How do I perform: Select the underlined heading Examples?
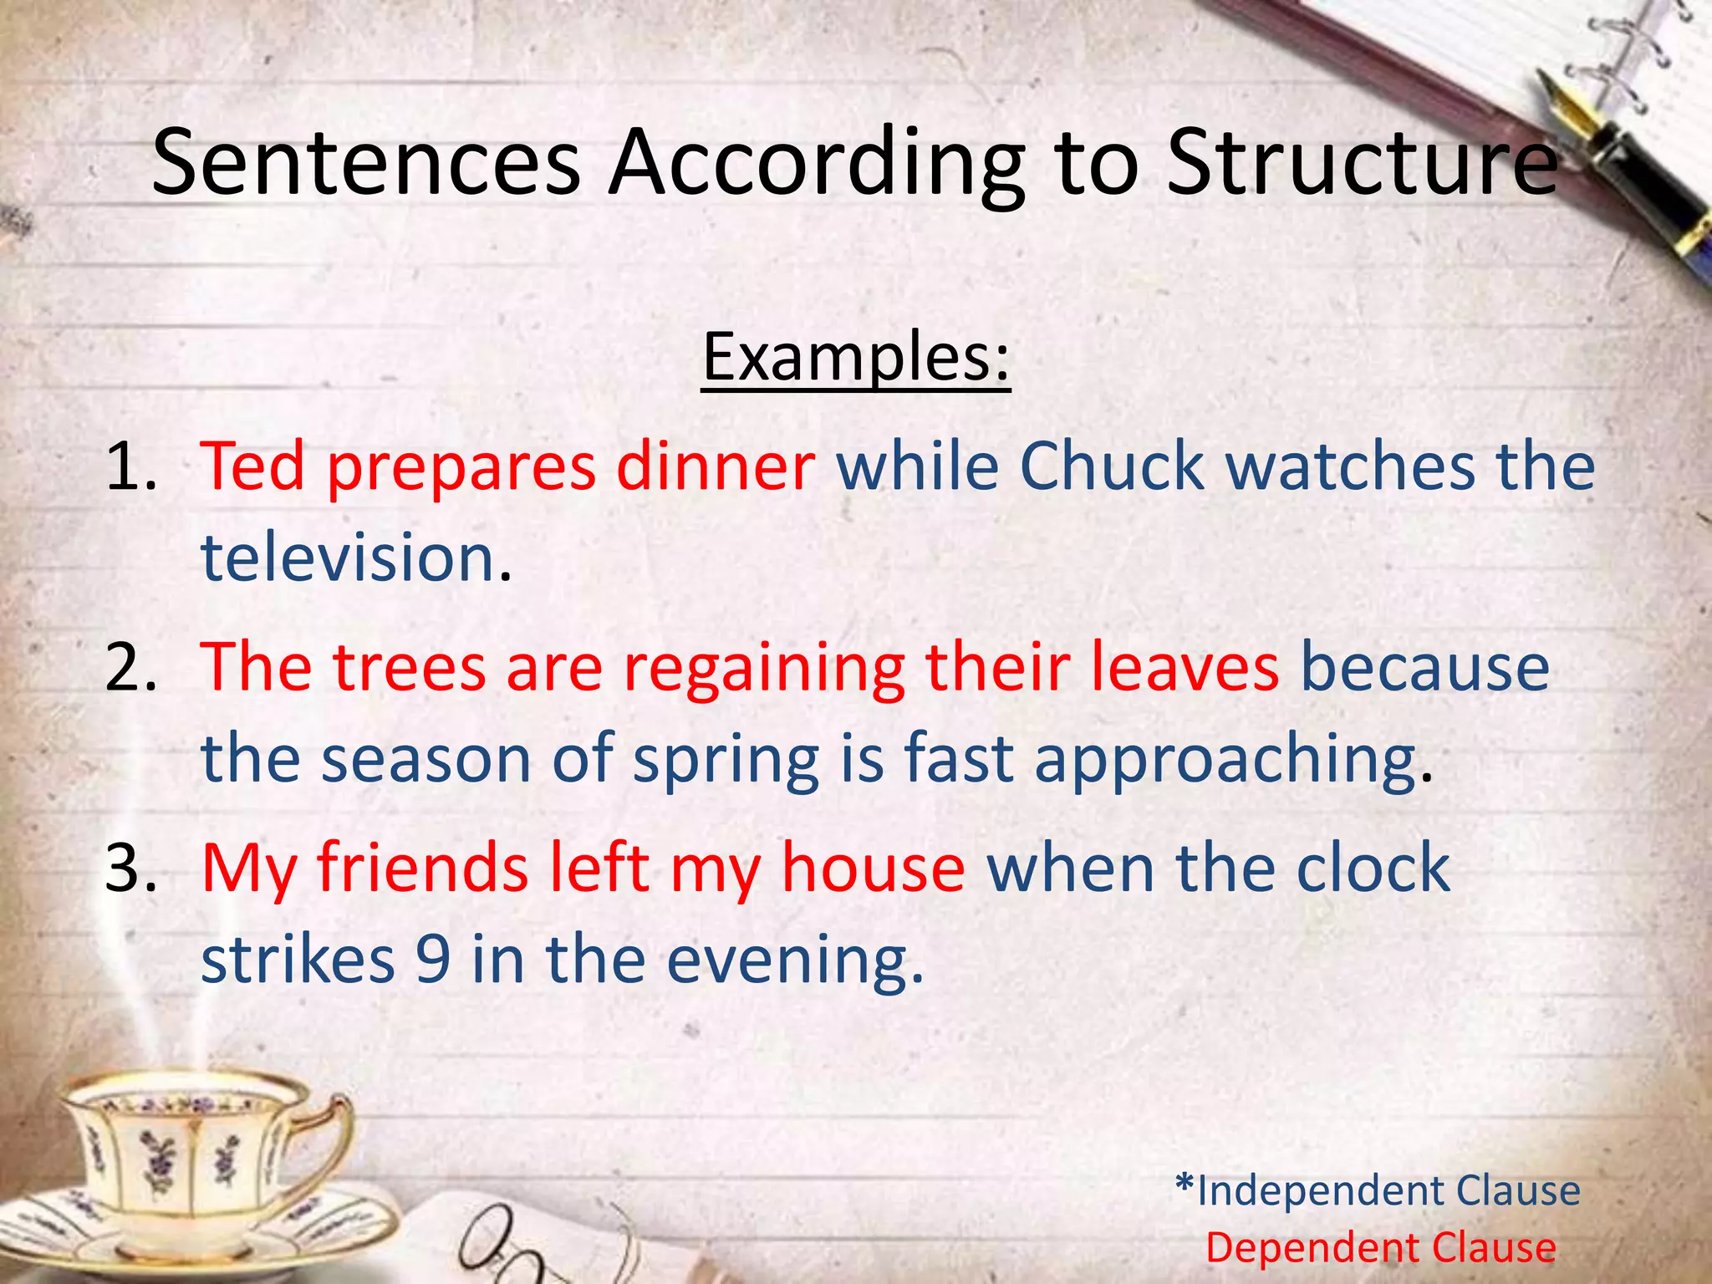(x=856, y=358)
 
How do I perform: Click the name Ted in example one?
(x=252, y=466)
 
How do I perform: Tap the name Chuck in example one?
(x=1112, y=466)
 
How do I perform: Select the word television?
(x=349, y=558)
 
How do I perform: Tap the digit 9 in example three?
(x=433, y=960)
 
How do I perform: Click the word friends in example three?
(x=422, y=868)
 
